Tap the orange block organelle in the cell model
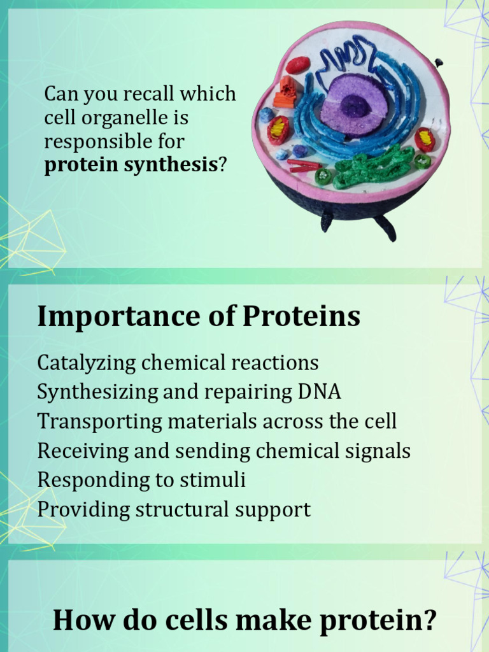pyautogui.click(x=286, y=92)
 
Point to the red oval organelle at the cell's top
pyautogui.click(x=297, y=65)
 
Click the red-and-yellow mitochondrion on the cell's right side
pyautogui.click(x=425, y=139)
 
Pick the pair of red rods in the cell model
pyautogui.click(x=304, y=166)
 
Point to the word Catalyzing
pyautogui.click(x=87, y=363)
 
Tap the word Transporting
pyautogui.click(x=91, y=422)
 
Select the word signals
pyautogui.click(x=381, y=451)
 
